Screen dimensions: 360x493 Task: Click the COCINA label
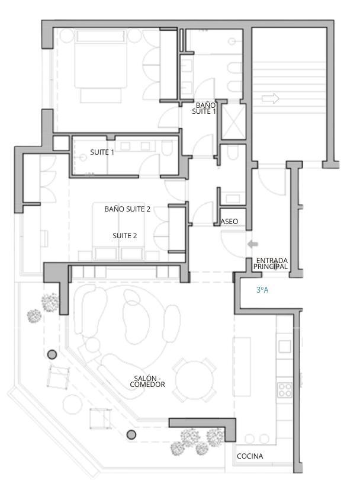coord(250,456)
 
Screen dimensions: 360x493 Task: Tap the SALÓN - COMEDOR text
coord(147,381)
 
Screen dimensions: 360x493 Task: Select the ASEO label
coord(229,222)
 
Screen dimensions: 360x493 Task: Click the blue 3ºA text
coord(262,290)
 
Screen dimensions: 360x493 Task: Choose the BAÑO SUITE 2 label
coord(127,209)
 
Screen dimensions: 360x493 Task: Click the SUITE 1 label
coord(102,152)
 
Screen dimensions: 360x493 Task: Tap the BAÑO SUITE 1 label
coord(204,108)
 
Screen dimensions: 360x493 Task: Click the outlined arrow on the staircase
coord(270,98)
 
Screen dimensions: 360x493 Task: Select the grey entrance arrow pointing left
coord(253,244)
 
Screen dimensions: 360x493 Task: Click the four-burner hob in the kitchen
coord(285,389)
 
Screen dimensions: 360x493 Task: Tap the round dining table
coord(194,380)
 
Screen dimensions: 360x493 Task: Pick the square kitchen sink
coord(285,347)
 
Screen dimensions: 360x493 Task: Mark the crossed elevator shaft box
coord(233,121)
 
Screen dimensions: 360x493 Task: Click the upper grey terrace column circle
coord(52,355)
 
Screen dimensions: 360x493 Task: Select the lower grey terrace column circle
coord(131,435)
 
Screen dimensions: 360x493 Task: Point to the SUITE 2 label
coord(125,235)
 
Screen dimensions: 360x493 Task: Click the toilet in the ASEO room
coord(233,152)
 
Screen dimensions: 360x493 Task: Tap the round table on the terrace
coord(73,404)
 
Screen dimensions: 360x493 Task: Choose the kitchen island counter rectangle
coord(242,367)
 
